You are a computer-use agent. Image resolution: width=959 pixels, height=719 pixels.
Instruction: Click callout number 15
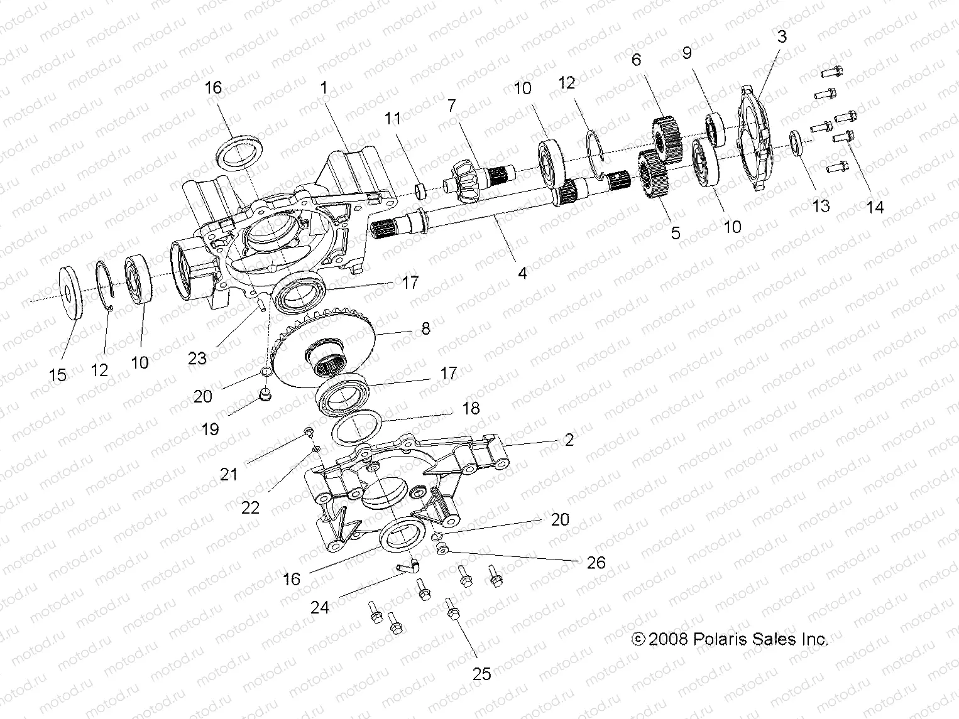57,375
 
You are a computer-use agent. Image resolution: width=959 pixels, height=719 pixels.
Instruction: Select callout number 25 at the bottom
481,674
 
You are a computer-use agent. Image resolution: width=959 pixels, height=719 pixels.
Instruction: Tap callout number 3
781,36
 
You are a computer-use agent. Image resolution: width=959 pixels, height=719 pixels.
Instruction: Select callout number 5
676,233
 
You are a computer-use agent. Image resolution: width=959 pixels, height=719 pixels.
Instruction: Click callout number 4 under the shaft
522,273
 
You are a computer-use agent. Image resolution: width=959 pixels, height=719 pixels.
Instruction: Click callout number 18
470,408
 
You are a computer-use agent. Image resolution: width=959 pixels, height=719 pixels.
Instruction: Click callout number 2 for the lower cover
569,440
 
